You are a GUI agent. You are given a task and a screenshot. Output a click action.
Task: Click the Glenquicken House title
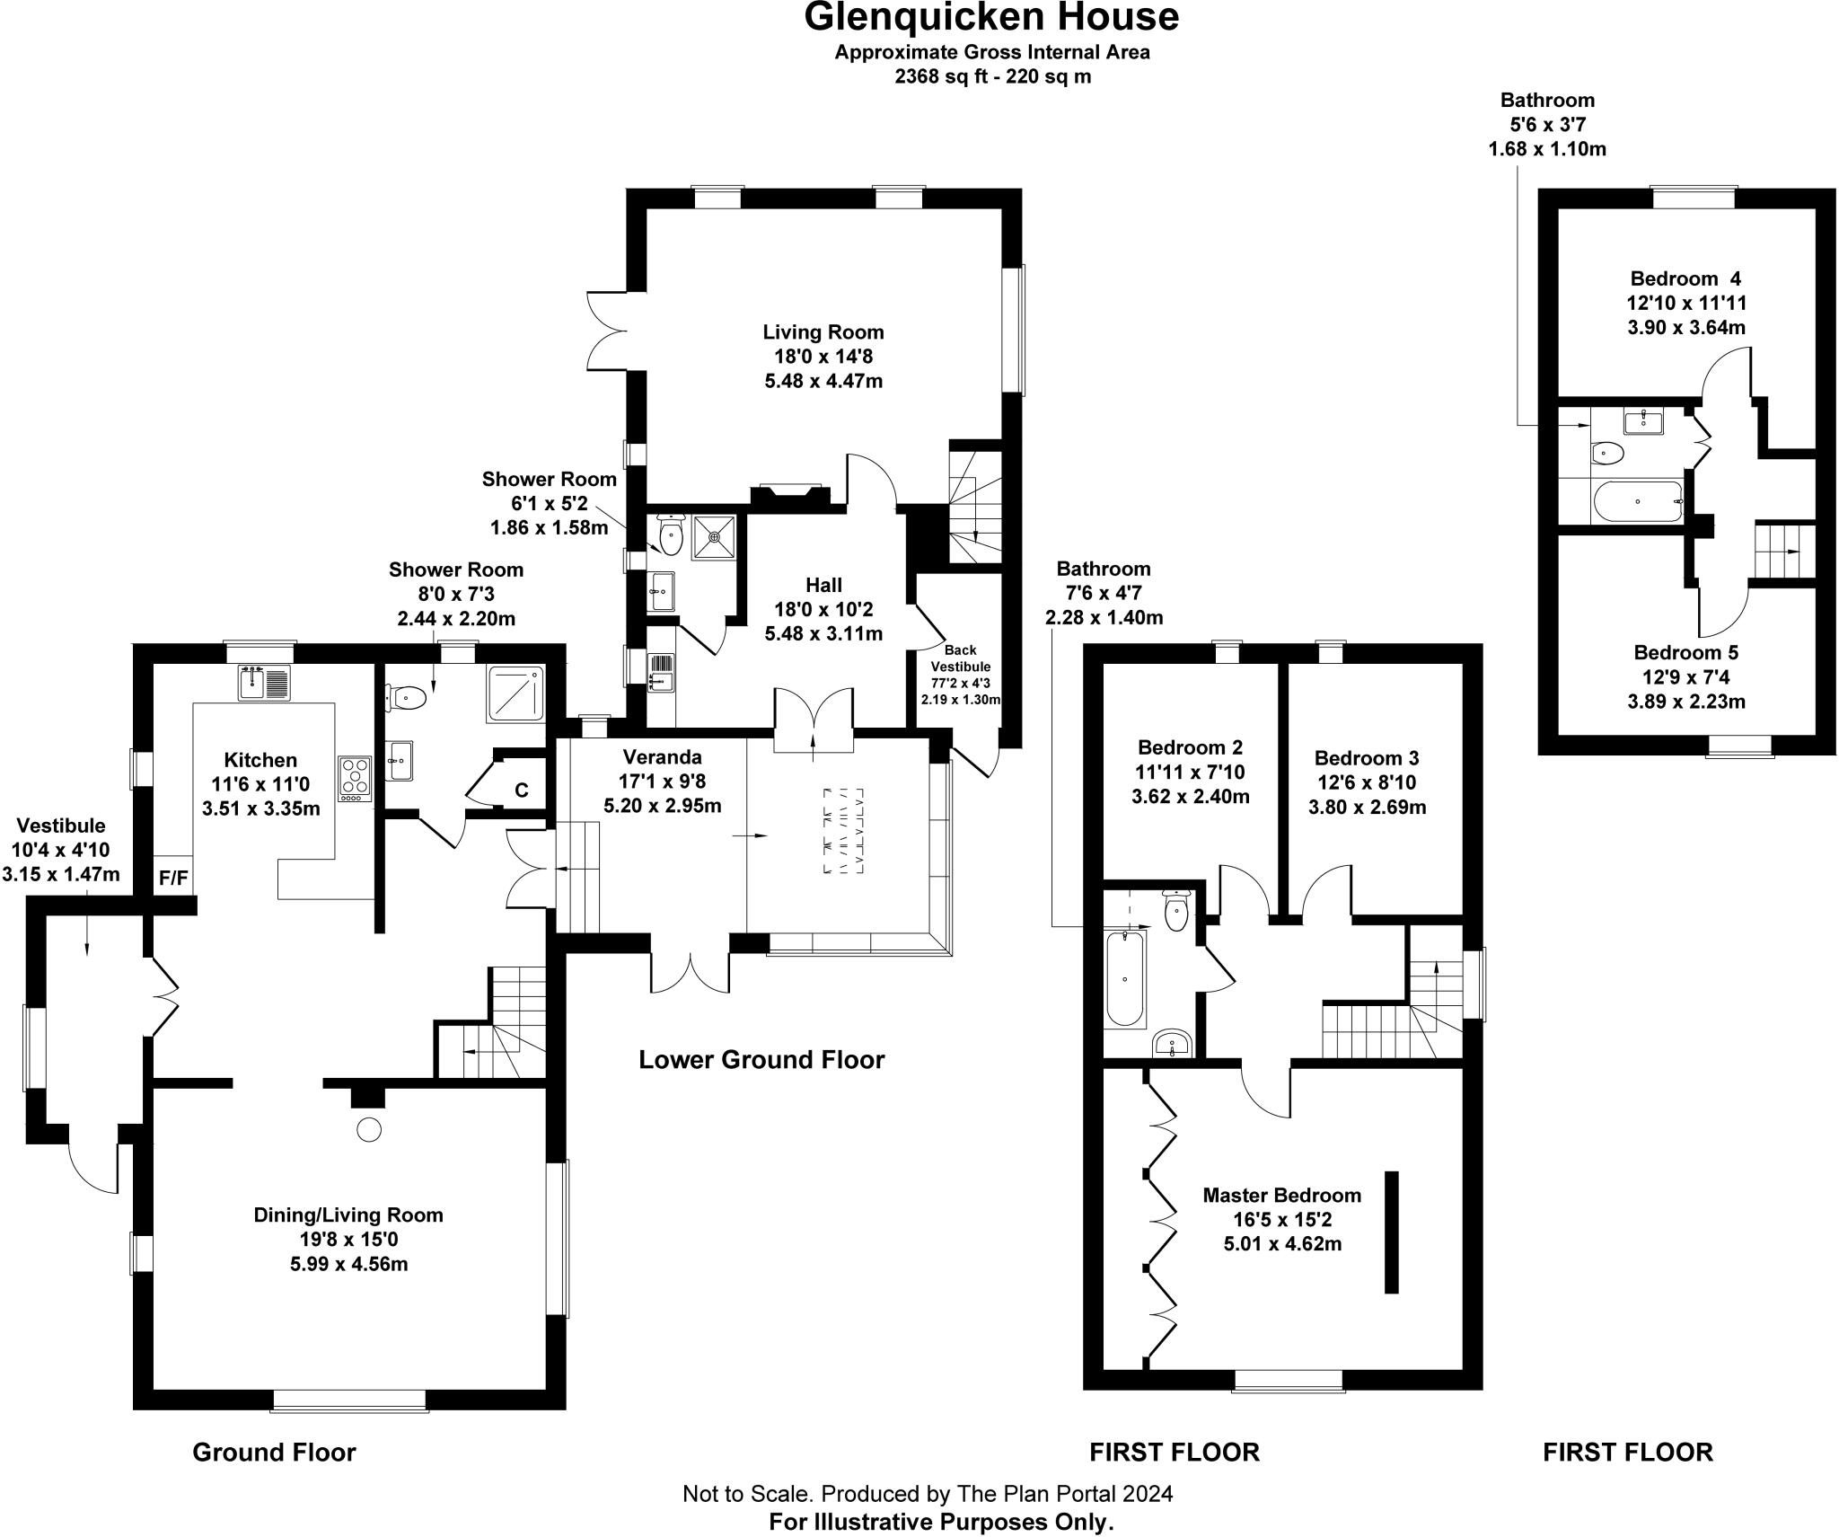click(x=991, y=18)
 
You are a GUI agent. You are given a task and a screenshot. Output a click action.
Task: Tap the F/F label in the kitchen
click(x=173, y=878)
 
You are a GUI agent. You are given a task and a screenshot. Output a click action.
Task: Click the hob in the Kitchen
click(x=354, y=778)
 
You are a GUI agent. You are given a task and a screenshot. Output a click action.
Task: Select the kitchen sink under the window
click(x=265, y=684)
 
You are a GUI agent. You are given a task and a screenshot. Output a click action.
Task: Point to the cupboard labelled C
click(x=521, y=791)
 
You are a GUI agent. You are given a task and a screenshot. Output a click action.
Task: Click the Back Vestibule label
click(x=960, y=658)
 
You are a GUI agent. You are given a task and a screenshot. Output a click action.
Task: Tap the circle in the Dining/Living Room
click(x=369, y=1130)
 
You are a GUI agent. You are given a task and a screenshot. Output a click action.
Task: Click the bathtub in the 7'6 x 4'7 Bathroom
click(x=1125, y=978)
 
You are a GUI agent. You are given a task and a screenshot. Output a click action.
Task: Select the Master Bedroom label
click(x=1281, y=1196)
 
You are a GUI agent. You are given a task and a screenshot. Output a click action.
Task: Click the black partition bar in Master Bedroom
click(x=1391, y=1232)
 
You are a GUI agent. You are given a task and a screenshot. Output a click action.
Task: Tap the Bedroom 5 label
click(x=1685, y=652)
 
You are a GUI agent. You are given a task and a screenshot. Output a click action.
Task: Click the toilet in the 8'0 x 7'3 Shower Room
click(x=406, y=696)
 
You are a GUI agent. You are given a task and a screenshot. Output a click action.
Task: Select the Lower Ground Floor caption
click(x=761, y=1060)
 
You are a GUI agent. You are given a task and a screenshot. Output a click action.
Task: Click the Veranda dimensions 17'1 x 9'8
click(x=662, y=782)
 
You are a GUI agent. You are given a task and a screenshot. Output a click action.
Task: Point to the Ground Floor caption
click(x=274, y=1453)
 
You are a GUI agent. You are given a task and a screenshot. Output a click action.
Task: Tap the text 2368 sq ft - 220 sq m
click(x=991, y=76)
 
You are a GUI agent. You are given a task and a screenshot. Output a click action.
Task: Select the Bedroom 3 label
click(x=1366, y=758)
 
